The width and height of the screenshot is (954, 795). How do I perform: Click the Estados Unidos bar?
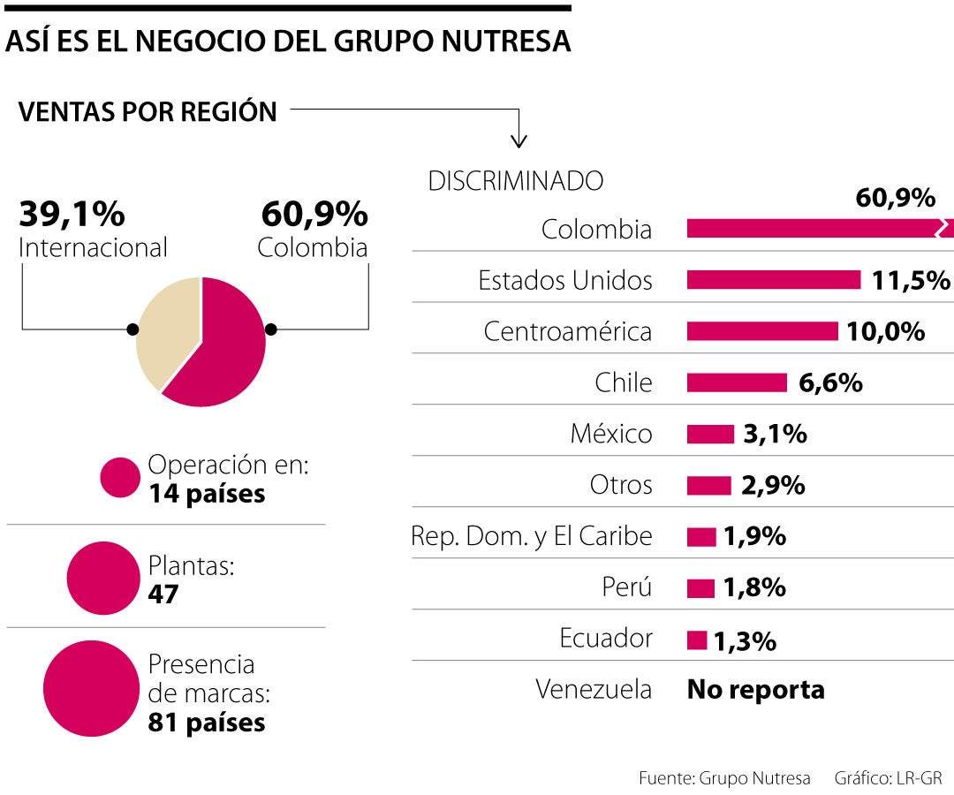click(x=773, y=280)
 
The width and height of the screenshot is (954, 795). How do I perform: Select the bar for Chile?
click(x=737, y=382)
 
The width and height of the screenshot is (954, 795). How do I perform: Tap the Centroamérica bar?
click(x=762, y=331)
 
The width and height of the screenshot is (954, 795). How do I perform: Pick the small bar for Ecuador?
click(x=697, y=640)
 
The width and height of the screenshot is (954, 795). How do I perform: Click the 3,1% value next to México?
click(x=774, y=434)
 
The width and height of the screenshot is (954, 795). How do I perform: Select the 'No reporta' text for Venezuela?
click(x=755, y=690)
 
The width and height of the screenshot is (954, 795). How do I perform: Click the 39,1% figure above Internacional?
click(x=72, y=214)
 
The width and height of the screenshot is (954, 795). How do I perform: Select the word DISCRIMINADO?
click(x=515, y=181)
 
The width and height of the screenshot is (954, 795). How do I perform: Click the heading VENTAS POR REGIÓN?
click(x=148, y=112)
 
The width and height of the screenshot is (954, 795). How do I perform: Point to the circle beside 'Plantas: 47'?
click(x=103, y=579)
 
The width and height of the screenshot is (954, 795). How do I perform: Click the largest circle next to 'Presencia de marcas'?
click(x=91, y=689)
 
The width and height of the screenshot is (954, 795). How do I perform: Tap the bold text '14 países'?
click(x=207, y=493)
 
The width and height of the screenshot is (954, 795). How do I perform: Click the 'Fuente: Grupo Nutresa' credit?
click(x=724, y=778)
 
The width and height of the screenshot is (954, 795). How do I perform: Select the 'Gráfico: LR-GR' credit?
click(x=888, y=778)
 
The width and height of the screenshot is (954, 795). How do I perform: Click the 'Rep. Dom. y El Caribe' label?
click(x=532, y=536)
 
